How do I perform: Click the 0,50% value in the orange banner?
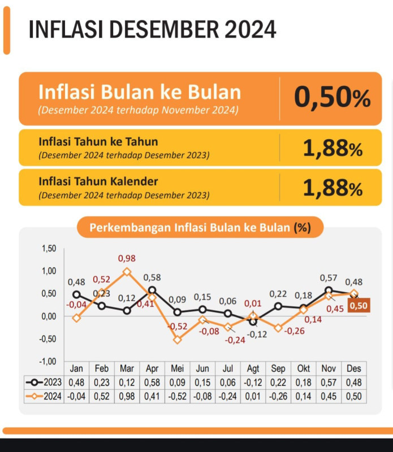(332, 98)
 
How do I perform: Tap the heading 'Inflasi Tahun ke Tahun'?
(98, 142)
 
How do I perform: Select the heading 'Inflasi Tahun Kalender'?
(98, 181)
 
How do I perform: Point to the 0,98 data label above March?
(127, 259)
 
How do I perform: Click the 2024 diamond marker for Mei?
(178, 340)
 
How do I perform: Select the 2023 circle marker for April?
(152, 290)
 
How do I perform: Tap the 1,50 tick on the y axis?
(49, 249)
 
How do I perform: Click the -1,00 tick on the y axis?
(48, 361)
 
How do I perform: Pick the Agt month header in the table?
(253, 368)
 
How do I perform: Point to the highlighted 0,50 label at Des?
(358, 306)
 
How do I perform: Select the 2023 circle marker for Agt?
(253, 321)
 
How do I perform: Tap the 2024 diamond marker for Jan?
(76, 318)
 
